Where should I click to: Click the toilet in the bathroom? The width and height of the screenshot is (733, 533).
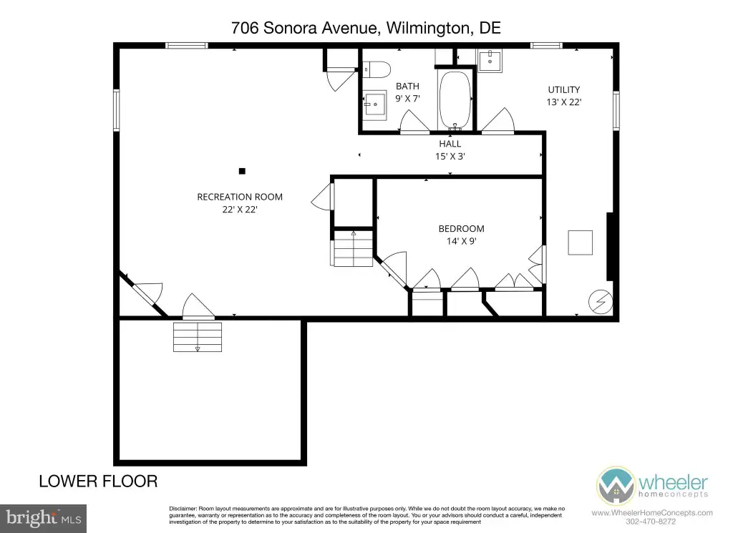pos(377,69)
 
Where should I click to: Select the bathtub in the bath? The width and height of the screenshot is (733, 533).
pos(455,99)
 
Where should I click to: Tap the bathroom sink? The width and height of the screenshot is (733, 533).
pos(375,105)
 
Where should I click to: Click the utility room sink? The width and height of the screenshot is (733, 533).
pos(490,62)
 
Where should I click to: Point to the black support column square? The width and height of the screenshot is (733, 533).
pos(242,171)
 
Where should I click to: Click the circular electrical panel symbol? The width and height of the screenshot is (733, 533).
pos(601,302)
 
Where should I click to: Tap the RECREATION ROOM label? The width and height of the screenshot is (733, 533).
pos(240,197)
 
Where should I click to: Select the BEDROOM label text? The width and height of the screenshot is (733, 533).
pos(462,229)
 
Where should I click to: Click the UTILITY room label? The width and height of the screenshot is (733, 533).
pos(564,89)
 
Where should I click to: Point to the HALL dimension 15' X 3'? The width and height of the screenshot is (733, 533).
pos(450,157)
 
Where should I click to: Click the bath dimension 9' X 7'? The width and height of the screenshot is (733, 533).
pos(407,99)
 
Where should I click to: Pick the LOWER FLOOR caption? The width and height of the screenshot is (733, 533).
pos(98,481)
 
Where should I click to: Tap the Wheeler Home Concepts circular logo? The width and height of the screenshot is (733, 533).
pos(616,486)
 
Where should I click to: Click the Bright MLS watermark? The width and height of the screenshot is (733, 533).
pos(43,519)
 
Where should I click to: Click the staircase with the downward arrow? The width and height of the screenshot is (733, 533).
pos(198,337)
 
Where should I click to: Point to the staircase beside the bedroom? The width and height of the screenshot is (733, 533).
pos(353,248)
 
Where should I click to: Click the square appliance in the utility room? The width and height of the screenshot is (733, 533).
pos(580,243)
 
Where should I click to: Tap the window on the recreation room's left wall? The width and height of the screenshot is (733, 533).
pos(117,110)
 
